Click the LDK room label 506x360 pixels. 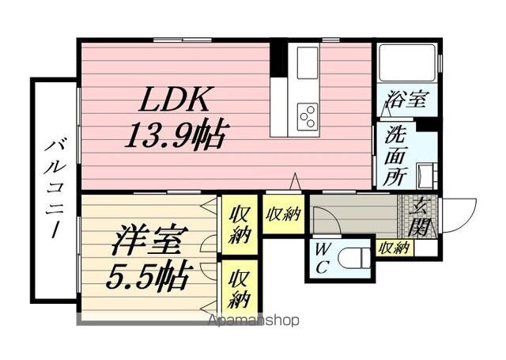tap(175, 100)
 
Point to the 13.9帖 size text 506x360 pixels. tap(175, 137)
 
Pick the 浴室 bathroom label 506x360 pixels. tap(406, 100)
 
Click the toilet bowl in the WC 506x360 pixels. tap(355, 258)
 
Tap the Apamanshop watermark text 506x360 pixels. tap(253, 320)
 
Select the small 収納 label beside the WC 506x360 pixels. tap(393, 248)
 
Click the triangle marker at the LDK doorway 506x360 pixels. tap(295, 183)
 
